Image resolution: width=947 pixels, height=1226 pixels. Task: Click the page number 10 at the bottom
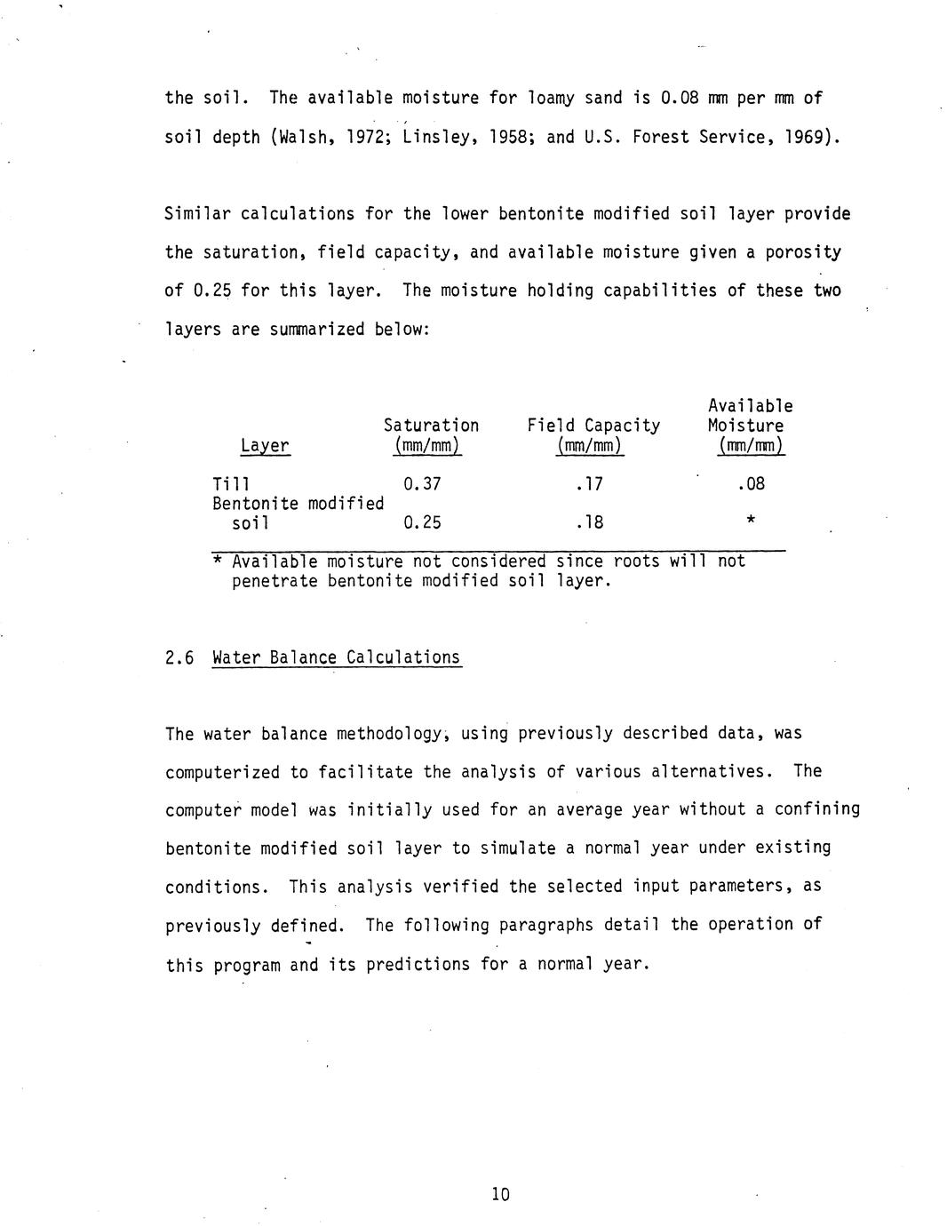coord(500,1194)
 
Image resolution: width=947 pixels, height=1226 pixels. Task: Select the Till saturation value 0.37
coord(422,484)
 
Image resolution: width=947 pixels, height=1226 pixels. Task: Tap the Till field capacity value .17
coord(590,484)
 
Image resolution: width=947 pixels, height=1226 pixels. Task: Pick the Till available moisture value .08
coord(751,484)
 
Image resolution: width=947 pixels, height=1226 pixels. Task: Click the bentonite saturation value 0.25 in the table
coord(422,522)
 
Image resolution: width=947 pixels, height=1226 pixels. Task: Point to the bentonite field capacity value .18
coord(590,522)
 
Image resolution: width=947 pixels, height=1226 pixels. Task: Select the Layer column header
coord(265,446)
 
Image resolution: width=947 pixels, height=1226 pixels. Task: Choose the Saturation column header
coord(431,426)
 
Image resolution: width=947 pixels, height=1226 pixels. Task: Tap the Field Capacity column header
coord(593,426)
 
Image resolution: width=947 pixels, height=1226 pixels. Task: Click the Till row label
coord(231,484)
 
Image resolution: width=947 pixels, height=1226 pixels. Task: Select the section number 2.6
coord(179,658)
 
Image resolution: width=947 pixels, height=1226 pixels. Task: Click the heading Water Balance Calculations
coord(337,658)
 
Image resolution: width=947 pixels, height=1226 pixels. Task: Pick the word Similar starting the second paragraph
coord(198,214)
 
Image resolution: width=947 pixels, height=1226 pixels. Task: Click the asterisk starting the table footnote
coord(218,560)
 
